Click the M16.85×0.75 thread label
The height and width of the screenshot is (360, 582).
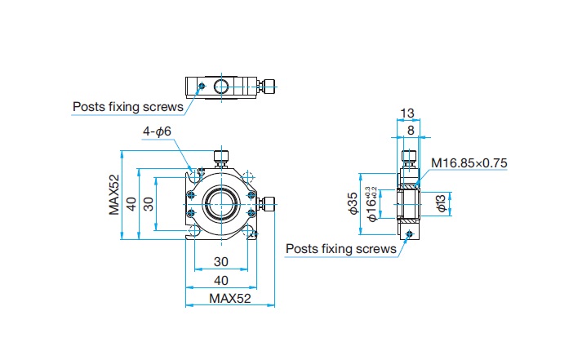(469, 163)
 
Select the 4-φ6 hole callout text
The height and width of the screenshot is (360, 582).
(157, 131)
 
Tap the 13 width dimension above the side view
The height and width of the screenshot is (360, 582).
(407, 113)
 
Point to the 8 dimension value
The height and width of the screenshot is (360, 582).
(411, 131)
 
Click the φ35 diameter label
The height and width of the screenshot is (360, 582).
(353, 203)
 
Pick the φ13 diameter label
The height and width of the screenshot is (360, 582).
(442, 203)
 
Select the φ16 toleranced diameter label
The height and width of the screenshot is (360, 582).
(371, 204)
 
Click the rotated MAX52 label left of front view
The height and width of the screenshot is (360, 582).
(114, 195)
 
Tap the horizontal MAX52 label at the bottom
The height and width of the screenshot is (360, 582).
(229, 298)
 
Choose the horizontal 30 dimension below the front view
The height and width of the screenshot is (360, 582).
(221, 262)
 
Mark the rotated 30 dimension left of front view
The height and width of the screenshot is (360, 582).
(149, 204)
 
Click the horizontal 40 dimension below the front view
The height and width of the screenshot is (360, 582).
(221, 280)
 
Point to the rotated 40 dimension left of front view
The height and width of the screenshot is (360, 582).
(131, 204)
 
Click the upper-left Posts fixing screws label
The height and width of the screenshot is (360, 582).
(128, 107)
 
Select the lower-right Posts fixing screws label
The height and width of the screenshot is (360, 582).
(341, 249)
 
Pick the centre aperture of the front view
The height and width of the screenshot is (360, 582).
(221, 204)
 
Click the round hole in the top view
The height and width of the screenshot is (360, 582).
(221, 87)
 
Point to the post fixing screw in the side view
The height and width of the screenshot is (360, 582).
(410, 233)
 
